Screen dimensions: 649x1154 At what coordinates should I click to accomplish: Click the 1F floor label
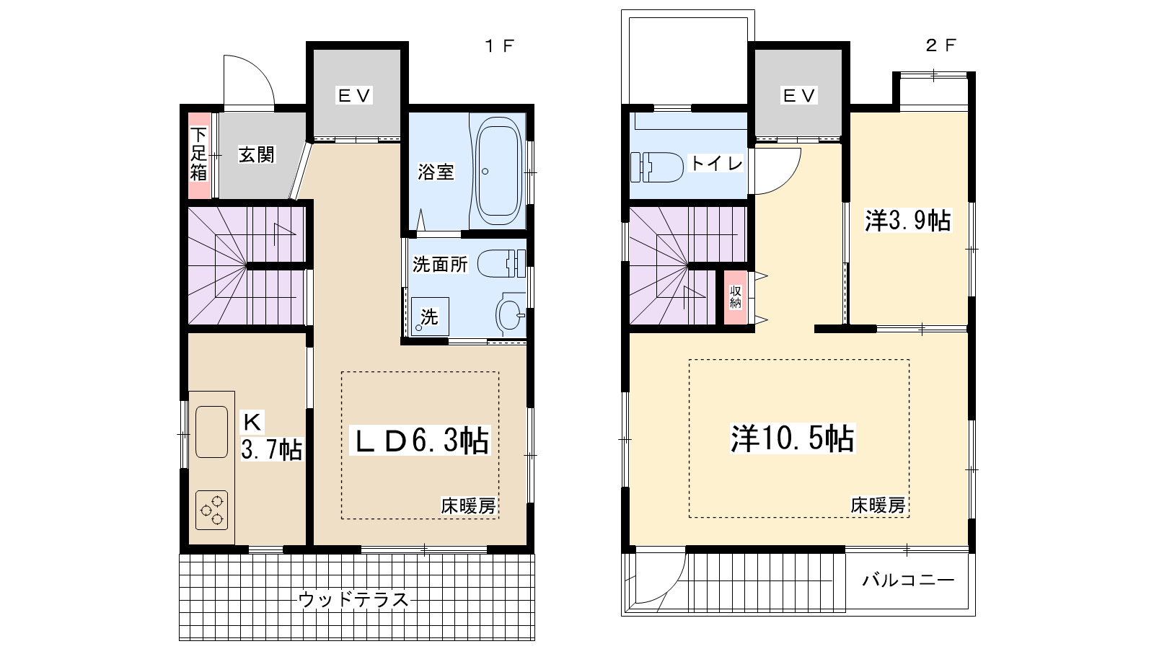[499, 46]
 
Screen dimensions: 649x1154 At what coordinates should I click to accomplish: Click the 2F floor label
[941, 45]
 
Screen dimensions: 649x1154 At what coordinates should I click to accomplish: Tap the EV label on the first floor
[354, 95]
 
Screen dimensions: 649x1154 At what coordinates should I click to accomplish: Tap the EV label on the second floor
[798, 95]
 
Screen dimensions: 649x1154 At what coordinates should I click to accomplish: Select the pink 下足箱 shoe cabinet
[199, 154]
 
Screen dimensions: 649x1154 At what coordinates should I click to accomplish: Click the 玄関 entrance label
[257, 154]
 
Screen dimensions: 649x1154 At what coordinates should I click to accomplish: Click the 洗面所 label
[440, 265]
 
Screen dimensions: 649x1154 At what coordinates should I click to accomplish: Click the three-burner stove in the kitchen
[212, 511]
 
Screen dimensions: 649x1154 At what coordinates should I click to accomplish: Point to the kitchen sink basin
[211, 431]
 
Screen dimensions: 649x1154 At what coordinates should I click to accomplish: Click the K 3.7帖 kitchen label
[270, 437]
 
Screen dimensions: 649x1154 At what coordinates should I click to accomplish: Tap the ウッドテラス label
[353, 599]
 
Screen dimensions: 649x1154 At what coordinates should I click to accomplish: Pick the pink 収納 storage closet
[735, 297]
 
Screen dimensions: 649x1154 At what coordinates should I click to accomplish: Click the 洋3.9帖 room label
[908, 220]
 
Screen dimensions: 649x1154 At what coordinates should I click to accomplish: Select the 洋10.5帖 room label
[793, 438]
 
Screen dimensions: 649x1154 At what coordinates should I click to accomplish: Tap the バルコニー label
[908, 580]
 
